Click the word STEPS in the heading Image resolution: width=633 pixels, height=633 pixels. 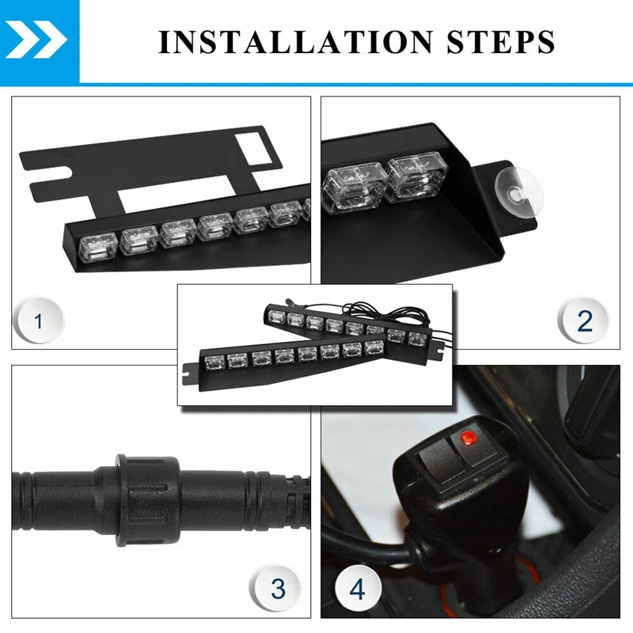pos(501,42)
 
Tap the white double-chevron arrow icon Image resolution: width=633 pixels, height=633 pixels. pos(36,40)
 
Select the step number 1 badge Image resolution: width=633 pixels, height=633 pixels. pos(38,321)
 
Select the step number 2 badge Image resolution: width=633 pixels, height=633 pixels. pos(583,321)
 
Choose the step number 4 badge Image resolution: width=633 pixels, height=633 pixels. pos(358,588)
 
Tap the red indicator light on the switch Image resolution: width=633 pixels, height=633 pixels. pos(468,437)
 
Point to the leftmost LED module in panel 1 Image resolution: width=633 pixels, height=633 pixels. pos(97,248)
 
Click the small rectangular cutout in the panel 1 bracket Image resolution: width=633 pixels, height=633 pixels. pos(253,149)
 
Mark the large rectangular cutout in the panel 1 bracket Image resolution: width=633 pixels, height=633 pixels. pos(177,195)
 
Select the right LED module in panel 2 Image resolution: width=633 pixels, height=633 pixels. pos(417,176)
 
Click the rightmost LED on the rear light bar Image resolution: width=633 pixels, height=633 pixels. pos(418,339)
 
